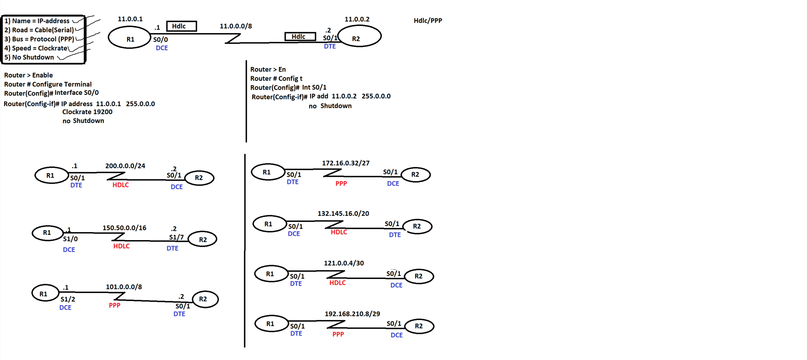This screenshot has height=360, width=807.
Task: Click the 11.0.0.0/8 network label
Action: click(x=235, y=26)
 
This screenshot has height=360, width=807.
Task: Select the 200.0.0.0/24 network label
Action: click(x=125, y=166)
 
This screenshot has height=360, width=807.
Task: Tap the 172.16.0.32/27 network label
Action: click(x=346, y=163)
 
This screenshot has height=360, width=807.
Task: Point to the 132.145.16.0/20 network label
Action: click(x=343, y=213)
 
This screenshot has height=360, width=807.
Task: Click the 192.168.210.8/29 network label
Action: click(x=352, y=314)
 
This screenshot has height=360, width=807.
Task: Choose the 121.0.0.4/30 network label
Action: click(x=344, y=263)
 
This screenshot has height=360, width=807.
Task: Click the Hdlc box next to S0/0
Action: click(x=181, y=26)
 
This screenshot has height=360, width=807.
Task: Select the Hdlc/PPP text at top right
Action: click(x=428, y=21)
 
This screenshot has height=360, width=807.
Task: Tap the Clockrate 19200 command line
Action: click(x=87, y=112)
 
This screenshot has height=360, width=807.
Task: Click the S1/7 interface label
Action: click(x=176, y=237)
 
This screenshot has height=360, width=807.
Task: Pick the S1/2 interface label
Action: click(x=68, y=299)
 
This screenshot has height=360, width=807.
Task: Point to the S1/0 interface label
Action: click(x=70, y=239)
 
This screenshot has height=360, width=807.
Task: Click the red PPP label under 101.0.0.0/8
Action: click(x=115, y=306)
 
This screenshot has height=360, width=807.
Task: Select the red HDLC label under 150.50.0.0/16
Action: click(x=121, y=246)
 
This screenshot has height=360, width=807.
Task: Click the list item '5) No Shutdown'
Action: click(x=29, y=57)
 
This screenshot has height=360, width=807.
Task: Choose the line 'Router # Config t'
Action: click(x=276, y=78)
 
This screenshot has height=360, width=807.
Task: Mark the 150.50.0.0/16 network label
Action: click(x=124, y=228)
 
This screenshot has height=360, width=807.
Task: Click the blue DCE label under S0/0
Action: click(x=162, y=48)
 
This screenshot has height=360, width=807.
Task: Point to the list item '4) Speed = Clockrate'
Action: click(x=36, y=48)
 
